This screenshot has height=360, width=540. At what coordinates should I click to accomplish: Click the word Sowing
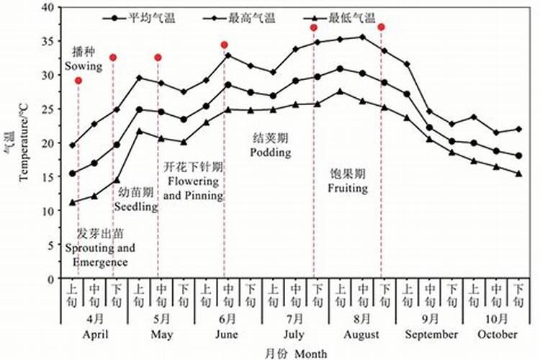coord(84,66)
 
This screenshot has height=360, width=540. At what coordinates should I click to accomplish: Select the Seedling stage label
coord(136,207)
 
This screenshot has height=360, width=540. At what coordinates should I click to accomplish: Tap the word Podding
coord(271,152)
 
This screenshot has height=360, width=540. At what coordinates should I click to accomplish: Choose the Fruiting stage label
coord(349,189)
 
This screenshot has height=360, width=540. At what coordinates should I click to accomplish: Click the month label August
coord(362,335)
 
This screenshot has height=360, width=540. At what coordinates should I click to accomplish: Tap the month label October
coord(497,335)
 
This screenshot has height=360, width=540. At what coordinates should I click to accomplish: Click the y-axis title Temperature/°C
coord(23,142)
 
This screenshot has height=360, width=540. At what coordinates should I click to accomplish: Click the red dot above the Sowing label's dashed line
coord(78,81)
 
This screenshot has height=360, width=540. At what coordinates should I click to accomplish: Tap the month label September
coord(431,335)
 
